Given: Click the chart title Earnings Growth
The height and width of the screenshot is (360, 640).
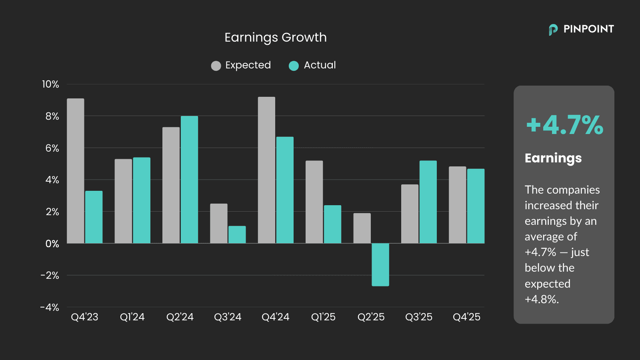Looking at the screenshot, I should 275,37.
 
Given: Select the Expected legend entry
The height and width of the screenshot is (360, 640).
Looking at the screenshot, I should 241,65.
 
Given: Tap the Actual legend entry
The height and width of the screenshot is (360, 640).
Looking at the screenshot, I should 312,65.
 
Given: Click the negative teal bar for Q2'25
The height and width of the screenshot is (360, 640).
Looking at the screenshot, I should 380,264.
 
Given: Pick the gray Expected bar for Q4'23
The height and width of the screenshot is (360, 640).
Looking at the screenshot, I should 76,171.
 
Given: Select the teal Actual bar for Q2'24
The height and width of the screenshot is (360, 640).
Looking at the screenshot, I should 189,180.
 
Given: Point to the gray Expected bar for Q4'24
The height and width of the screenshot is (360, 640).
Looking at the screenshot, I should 266,170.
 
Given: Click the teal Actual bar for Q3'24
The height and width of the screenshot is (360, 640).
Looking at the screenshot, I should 237,235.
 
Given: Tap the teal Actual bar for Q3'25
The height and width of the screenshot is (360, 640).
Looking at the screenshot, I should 428,202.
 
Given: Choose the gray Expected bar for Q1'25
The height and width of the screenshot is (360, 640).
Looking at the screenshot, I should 314,202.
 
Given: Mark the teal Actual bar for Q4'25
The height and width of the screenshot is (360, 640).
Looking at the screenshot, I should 476,206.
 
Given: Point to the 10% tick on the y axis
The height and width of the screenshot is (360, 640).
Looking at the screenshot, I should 50,84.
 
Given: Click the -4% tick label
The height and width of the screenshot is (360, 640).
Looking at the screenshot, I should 50,307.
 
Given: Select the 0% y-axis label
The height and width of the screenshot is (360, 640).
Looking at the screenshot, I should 52,244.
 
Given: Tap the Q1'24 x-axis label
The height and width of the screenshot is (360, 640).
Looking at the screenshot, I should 132,317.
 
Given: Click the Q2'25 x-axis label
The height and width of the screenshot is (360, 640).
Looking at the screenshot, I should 371,317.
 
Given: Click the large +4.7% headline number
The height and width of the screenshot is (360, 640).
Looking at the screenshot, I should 564,125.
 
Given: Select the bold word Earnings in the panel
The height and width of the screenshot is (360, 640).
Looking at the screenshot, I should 553,158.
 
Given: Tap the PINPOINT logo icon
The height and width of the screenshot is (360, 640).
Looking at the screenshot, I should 553,30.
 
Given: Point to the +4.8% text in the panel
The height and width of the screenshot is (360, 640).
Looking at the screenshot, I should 541,299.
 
